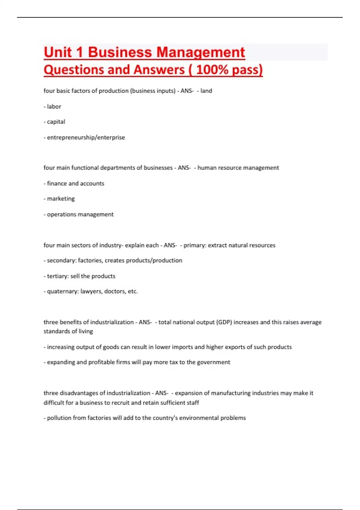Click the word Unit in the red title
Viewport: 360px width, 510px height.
tap(58, 52)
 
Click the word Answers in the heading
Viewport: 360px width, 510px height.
tap(159, 70)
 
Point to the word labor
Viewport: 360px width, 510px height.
tap(54, 106)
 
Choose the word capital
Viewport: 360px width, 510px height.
tap(56, 122)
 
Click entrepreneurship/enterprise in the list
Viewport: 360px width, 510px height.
tap(86, 137)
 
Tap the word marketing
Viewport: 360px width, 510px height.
tap(61, 199)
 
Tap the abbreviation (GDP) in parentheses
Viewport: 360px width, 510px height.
tap(224, 322)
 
